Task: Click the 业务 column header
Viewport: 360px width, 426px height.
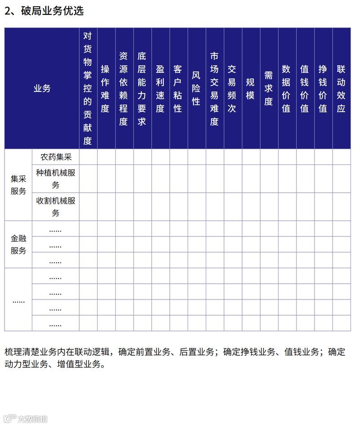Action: (x=42, y=88)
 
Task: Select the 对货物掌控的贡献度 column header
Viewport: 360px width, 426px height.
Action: (x=88, y=88)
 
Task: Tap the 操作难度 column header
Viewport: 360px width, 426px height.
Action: (x=106, y=88)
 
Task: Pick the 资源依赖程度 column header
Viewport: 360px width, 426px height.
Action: (x=124, y=88)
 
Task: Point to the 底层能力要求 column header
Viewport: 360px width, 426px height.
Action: (x=142, y=88)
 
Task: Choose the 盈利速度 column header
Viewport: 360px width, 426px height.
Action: (x=160, y=88)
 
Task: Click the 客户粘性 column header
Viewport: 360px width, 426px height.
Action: (x=178, y=88)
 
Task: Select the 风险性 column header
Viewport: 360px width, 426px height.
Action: (x=196, y=88)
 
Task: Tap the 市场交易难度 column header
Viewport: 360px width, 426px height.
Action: (x=214, y=88)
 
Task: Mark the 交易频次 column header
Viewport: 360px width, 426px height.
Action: (x=232, y=88)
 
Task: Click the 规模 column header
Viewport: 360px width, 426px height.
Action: (x=250, y=88)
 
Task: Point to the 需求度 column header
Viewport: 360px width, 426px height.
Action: (x=269, y=88)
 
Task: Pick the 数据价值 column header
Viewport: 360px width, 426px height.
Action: (x=287, y=88)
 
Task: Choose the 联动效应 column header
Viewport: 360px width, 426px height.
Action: (x=341, y=88)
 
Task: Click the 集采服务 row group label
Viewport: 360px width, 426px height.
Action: (x=18, y=185)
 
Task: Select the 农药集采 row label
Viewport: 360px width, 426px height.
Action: (x=56, y=157)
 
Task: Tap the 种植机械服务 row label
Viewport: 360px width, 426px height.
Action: (x=56, y=179)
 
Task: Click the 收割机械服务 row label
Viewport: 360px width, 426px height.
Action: (x=56, y=207)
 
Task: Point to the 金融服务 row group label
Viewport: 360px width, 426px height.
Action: (x=18, y=245)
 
